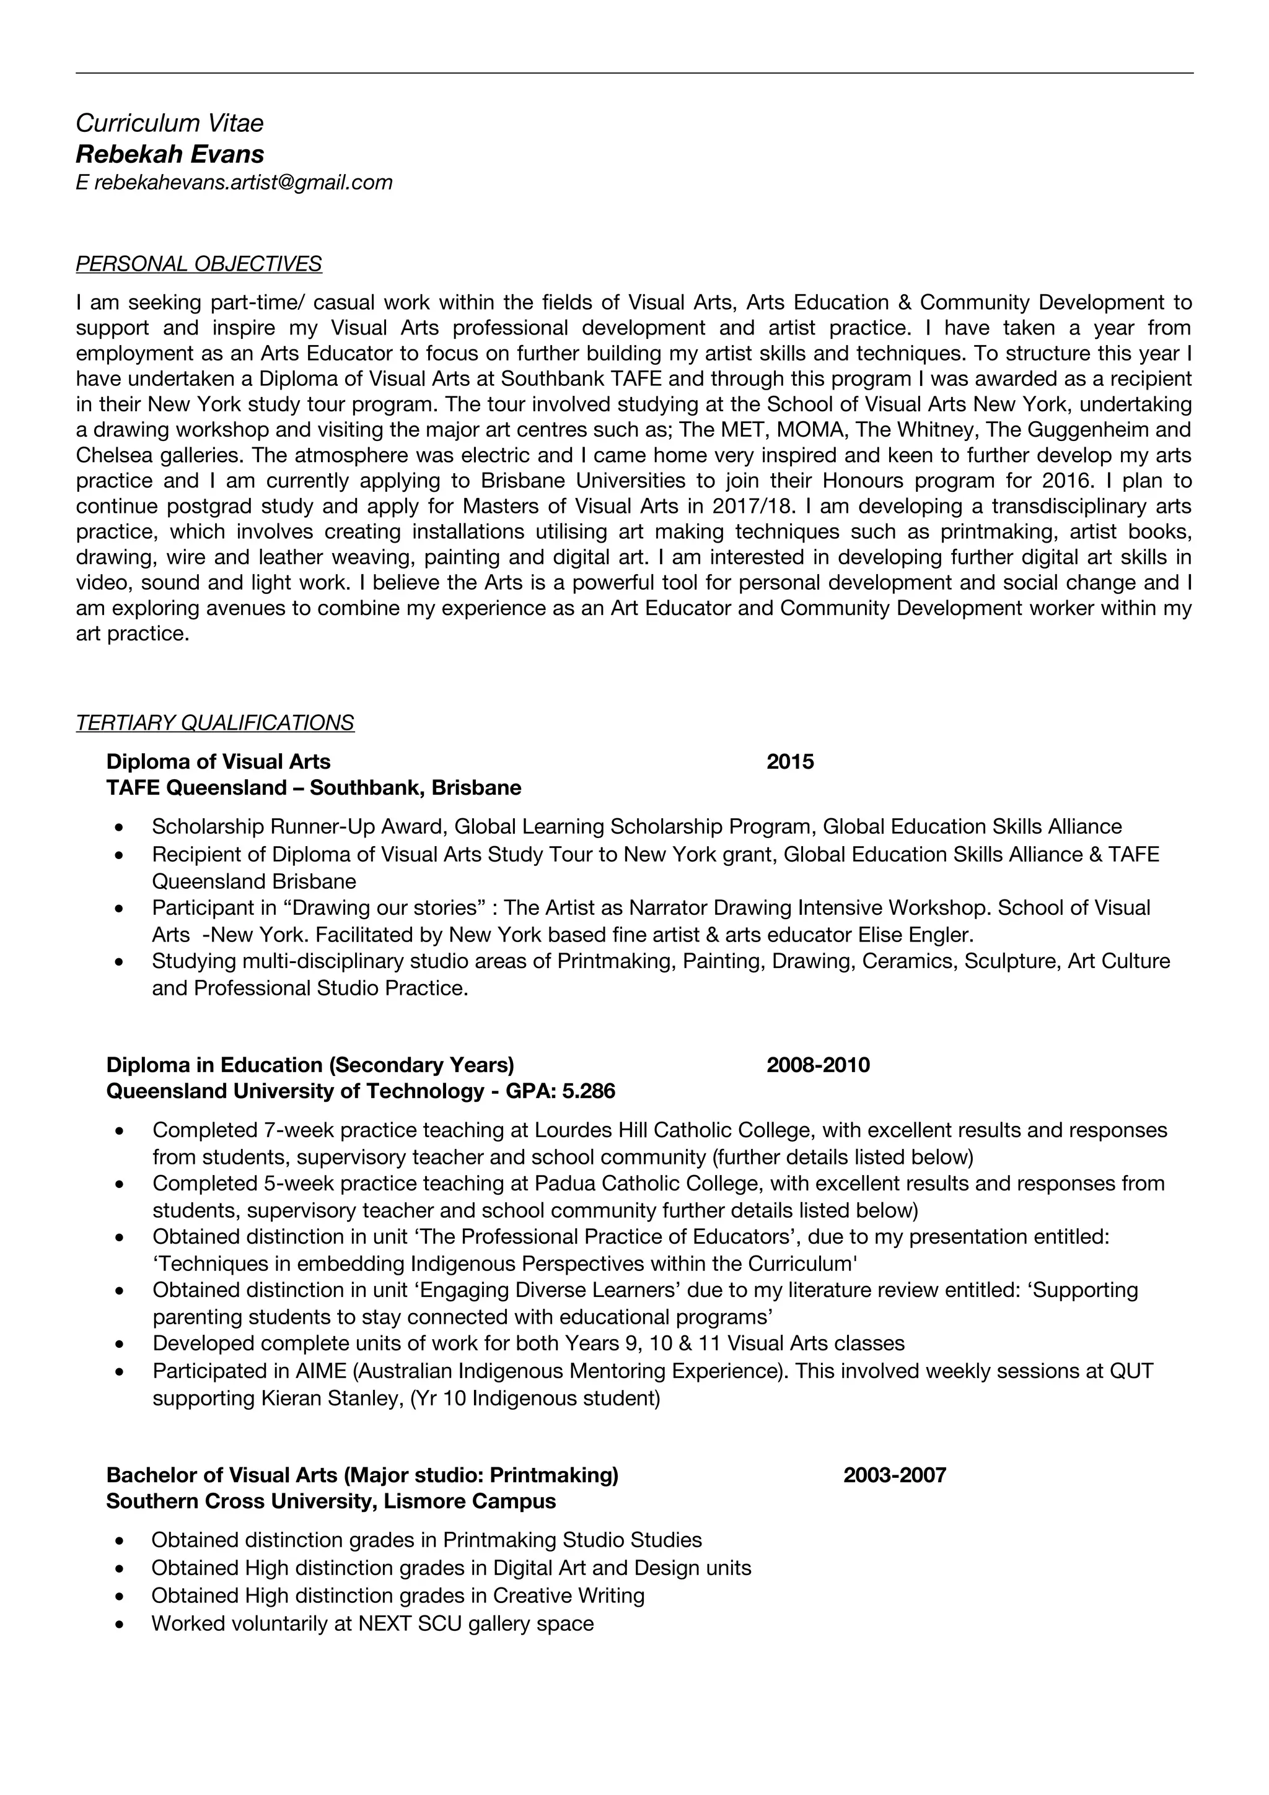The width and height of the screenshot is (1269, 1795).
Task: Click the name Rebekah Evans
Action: (170, 154)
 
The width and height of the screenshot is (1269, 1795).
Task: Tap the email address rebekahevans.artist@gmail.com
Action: (243, 182)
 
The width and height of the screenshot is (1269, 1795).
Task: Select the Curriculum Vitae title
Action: (170, 123)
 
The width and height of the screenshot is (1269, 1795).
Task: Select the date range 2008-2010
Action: (818, 1065)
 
